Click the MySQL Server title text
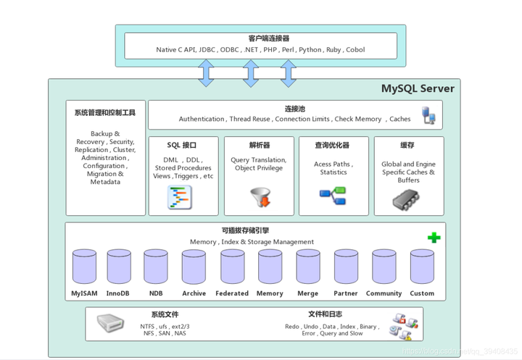tap(418, 89)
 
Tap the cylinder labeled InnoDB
tap(118, 267)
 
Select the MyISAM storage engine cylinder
tap(84, 267)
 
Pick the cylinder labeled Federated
tap(232, 267)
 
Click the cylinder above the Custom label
tap(421, 267)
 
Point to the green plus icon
tap(434, 237)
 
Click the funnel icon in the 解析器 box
tap(260, 197)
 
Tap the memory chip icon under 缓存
tap(407, 200)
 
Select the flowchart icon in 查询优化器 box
tap(333, 194)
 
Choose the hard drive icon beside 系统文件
tap(111, 324)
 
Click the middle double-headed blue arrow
tap(251, 73)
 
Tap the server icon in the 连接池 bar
tap(428, 115)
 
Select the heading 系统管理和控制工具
tap(105, 113)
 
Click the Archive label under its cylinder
tap(194, 293)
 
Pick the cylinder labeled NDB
tap(156, 267)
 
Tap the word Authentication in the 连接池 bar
tap(202, 120)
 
